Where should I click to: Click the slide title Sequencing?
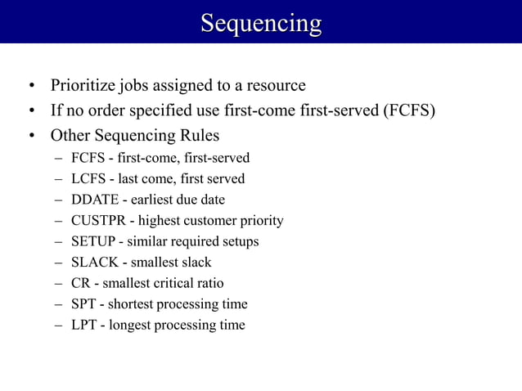(x=261, y=22)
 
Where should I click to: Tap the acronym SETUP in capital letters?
(x=92, y=241)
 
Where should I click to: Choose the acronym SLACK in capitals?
(x=93, y=263)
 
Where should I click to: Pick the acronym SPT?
(x=83, y=304)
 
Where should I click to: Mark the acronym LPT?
(x=83, y=326)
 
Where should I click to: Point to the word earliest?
(x=146, y=200)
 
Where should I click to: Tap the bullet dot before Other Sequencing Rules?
(x=30, y=136)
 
